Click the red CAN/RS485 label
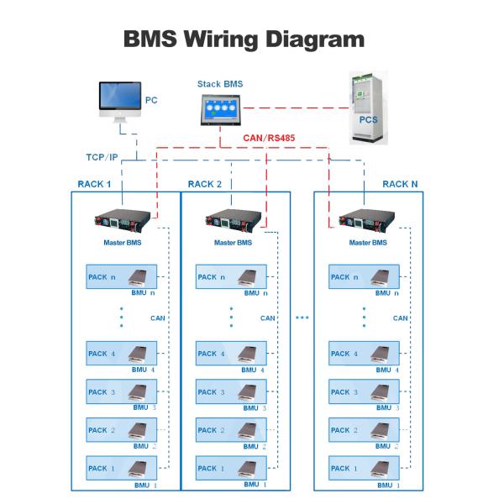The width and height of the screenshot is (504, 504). [x=268, y=138]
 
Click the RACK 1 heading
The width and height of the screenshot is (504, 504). [x=93, y=184]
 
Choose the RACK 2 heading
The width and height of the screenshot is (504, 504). [x=205, y=184]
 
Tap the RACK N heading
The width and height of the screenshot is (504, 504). [x=400, y=184]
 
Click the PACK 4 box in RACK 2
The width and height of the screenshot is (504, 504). [x=231, y=353]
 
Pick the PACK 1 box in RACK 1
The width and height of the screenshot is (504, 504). [x=122, y=468]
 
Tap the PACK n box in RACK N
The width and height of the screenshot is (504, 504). [x=365, y=277]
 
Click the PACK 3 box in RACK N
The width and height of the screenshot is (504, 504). [x=365, y=391]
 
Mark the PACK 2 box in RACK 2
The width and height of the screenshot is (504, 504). [x=231, y=430]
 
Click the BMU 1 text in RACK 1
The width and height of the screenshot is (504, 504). [x=145, y=486]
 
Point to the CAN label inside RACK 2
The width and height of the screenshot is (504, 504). [x=268, y=318]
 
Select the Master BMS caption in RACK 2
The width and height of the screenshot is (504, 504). [x=233, y=244]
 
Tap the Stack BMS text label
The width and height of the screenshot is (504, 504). [x=219, y=84]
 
